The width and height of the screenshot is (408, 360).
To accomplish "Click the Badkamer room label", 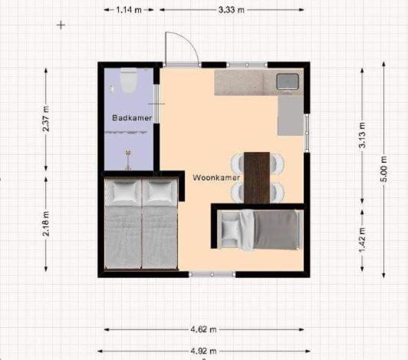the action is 132,117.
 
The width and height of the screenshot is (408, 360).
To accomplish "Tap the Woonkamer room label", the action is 216,178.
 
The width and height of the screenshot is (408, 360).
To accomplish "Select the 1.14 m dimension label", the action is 129,10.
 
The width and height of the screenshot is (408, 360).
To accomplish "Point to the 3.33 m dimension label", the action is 232,10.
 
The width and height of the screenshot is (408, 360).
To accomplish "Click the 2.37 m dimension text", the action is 46,118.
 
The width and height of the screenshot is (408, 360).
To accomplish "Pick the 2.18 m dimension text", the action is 46,223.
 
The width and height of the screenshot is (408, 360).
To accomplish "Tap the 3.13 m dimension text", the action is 362,135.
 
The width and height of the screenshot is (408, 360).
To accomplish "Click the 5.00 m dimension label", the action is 383,169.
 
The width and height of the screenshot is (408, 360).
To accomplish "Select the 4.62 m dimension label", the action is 203,329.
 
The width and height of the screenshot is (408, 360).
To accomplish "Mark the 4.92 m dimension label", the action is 203,351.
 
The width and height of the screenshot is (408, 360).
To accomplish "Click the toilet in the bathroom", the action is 129,81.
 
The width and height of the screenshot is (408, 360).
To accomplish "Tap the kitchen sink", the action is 288,81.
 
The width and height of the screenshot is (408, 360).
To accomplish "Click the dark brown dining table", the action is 257,177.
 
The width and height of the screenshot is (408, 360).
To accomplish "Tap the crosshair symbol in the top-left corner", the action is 61,25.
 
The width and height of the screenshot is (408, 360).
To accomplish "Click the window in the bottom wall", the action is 212,274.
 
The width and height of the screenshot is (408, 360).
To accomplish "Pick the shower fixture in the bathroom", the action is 127,160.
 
